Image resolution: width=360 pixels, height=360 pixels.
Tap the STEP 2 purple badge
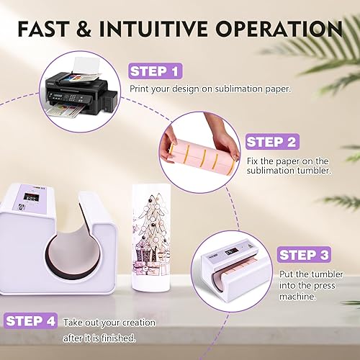point(273,141)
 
